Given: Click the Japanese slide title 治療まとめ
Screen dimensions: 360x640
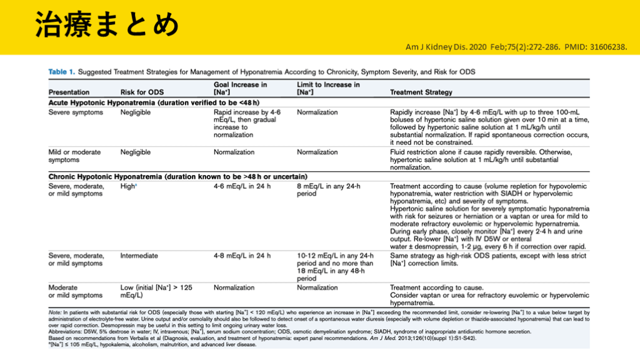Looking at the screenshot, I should [x=106, y=26].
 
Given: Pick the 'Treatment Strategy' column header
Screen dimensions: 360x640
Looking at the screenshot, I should [x=421, y=92].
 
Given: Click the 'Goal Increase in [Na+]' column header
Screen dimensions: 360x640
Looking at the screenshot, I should [x=241, y=88].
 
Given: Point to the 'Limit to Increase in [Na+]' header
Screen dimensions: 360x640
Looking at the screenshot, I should [x=328, y=88].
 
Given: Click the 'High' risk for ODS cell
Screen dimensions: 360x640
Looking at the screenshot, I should [x=128, y=186].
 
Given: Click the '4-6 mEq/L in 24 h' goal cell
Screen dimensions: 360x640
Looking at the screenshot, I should [x=242, y=186].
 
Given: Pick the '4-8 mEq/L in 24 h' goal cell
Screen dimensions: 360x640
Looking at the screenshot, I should [x=242, y=256].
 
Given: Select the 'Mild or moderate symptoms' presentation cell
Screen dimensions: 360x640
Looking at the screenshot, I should [x=74, y=156].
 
